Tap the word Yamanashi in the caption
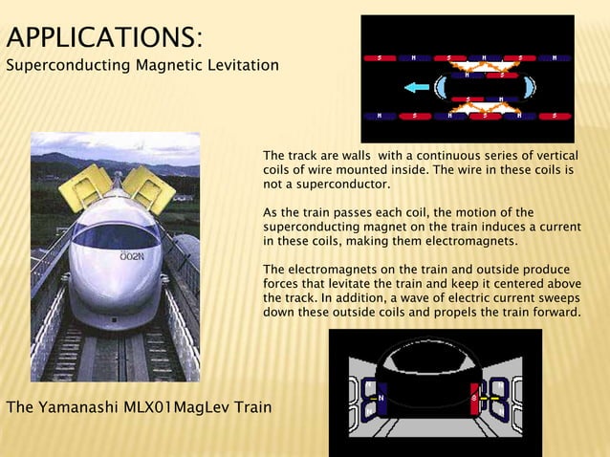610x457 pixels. [79, 408]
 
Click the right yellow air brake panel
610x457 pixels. [148, 189]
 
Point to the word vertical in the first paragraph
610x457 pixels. [555, 155]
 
